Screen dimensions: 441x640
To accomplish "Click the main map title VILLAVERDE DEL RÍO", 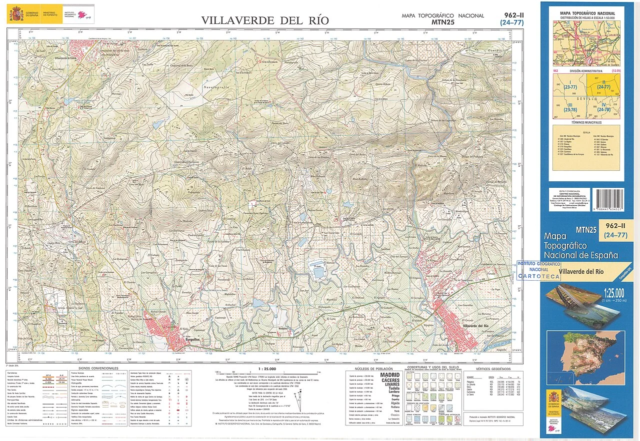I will [x=265, y=20].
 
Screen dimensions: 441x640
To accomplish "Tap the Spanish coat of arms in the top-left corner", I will [x=13, y=12].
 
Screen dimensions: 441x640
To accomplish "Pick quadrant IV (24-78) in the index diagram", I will [x=603, y=107].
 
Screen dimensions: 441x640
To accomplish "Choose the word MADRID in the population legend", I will [x=390, y=375].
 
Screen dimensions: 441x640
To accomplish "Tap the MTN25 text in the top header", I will [x=442, y=22].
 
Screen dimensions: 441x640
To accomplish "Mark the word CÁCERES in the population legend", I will [x=390, y=380].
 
